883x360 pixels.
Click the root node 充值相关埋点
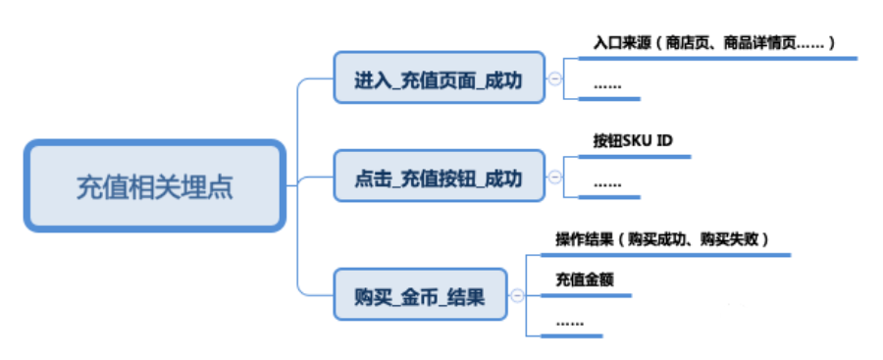pos(155,185)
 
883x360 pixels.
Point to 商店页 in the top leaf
pos(688,44)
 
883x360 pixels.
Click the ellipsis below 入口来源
pos(607,86)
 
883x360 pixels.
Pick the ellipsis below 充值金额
pos(569,322)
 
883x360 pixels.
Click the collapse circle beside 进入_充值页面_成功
pos(554,78)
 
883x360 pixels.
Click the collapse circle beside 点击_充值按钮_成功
pos(554,178)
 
